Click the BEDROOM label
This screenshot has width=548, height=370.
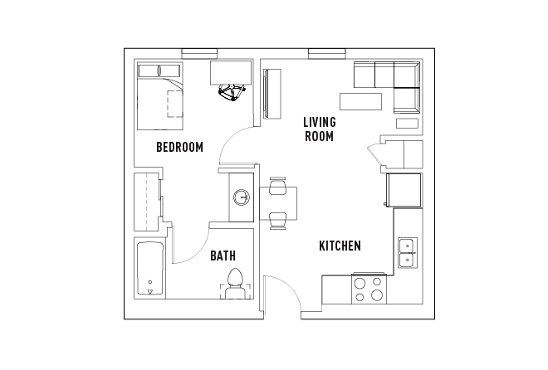click(x=179, y=148)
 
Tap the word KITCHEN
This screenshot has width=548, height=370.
click(x=340, y=246)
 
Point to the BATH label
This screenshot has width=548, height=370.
click(x=223, y=256)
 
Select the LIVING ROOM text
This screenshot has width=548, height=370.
click(x=319, y=129)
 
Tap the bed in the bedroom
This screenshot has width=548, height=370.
click(x=159, y=98)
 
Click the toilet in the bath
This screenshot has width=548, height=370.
click(x=234, y=284)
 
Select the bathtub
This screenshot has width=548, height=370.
click(x=150, y=269)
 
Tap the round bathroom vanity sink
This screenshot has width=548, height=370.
click(x=241, y=197)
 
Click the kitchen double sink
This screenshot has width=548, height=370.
click(x=408, y=252)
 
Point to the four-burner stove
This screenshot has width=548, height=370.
click(x=369, y=290)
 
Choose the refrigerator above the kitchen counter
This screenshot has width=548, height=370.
click(x=404, y=190)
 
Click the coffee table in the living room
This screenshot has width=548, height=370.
click(x=360, y=101)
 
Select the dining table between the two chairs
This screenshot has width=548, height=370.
click(x=278, y=204)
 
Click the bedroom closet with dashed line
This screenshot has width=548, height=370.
click(x=148, y=202)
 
